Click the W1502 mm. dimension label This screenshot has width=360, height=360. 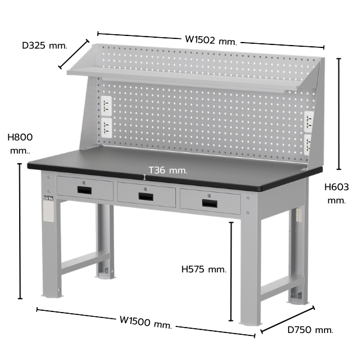point(211,41)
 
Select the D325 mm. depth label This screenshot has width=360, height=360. point(45,46)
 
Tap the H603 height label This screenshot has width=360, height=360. point(337,194)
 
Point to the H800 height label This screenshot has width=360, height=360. point(20,144)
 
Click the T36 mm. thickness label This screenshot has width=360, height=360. point(168,170)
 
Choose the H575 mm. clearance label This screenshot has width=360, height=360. point(204,269)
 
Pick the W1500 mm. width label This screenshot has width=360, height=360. point(146,322)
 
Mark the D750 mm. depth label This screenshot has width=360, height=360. point(310,330)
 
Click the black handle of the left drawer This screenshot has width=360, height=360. point(84,190)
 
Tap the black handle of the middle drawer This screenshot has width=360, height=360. point(146,197)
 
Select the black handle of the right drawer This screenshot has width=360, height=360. point(209,203)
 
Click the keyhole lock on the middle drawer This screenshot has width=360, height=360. point(146,189)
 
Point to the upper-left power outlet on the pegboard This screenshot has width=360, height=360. point(106,106)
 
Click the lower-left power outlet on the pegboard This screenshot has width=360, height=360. point(107,128)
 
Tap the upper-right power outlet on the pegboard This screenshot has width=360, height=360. point(308,122)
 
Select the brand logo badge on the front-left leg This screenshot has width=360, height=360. point(49,197)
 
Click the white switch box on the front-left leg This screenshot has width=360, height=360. point(49,211)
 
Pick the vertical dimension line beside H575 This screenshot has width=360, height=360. point(231,271)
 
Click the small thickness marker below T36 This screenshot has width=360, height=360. point(145,177)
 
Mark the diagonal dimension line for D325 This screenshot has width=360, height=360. point(73,54)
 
